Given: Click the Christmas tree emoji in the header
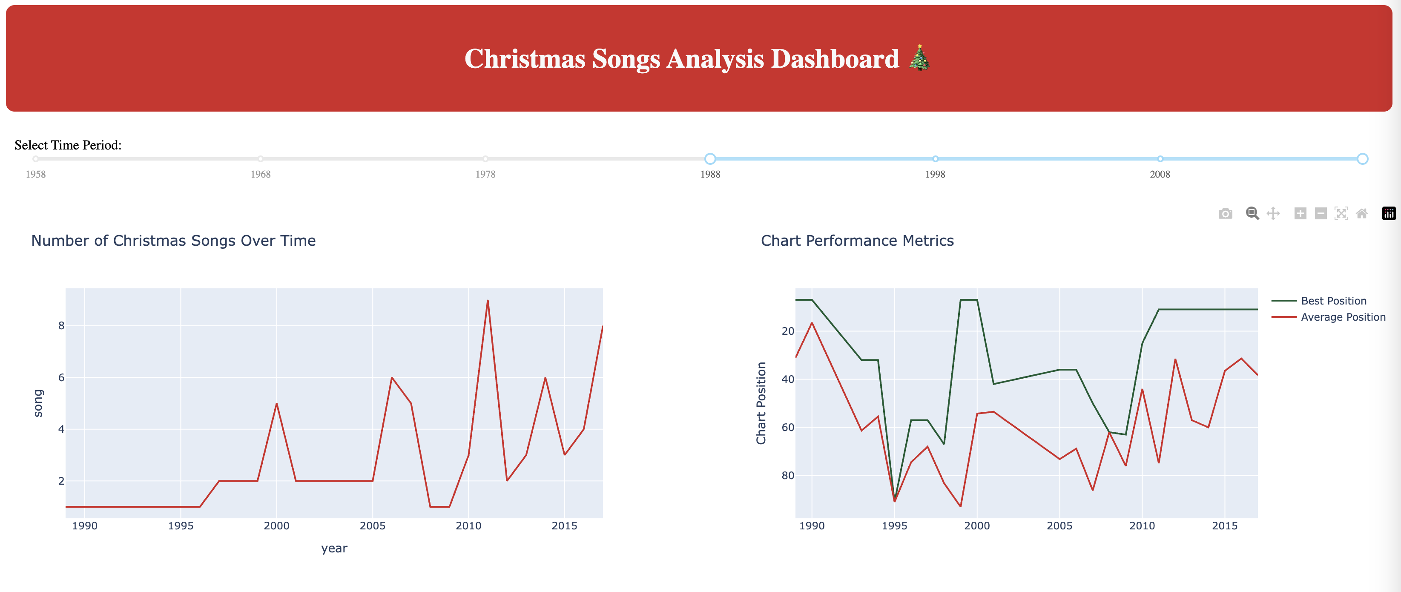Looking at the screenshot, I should coord(919,58).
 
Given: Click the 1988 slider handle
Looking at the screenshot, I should coord(710,159).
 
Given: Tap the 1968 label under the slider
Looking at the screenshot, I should coord(261,175).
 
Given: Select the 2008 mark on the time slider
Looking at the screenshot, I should coord(1160,159).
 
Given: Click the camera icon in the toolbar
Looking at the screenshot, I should coord(1225,213).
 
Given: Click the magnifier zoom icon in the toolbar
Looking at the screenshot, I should coord(1252,213).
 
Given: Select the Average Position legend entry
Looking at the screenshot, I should coord(1342,317).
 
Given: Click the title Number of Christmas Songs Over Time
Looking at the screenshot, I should coord(173,241).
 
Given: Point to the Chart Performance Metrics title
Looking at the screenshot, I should coord(857,241).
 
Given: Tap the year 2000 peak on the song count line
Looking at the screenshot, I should coord(277,404).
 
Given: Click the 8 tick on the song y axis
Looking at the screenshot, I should coord(61,326).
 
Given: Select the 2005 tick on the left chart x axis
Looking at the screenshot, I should coord(373,526).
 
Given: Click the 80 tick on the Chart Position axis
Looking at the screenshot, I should coord(787,476).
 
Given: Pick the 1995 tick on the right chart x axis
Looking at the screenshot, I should coord(894,526).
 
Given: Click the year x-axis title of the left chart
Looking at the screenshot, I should coord(334,549).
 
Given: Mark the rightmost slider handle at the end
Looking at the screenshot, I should coord(1362,159).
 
